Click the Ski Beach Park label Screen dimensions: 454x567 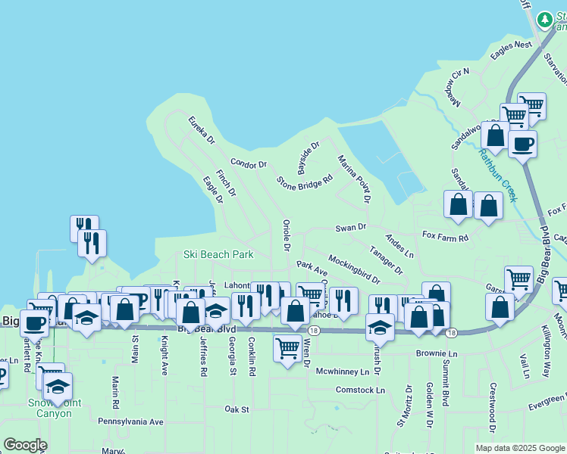click(218, 255)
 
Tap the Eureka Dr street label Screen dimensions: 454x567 click(202, 129)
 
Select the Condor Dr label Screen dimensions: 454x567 click(249, 163)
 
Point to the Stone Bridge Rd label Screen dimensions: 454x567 click(305, 182)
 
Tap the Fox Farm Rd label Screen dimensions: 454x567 click(446, 238)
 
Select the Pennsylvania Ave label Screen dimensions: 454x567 click(130, 421)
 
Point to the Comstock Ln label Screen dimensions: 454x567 click(360, 390)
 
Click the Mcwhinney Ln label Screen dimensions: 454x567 click(347, 372)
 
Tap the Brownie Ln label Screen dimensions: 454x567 click(437, 353)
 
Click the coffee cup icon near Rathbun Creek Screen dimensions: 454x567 click(522, 143)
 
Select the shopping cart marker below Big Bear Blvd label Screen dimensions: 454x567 click(287, 349)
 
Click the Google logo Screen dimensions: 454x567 click(25, 445)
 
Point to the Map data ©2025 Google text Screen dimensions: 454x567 click(519, 448)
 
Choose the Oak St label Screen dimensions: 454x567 click(237, 409)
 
